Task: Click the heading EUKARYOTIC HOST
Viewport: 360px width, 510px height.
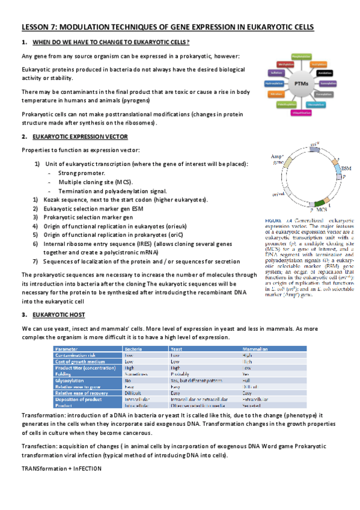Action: coord(59,315)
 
